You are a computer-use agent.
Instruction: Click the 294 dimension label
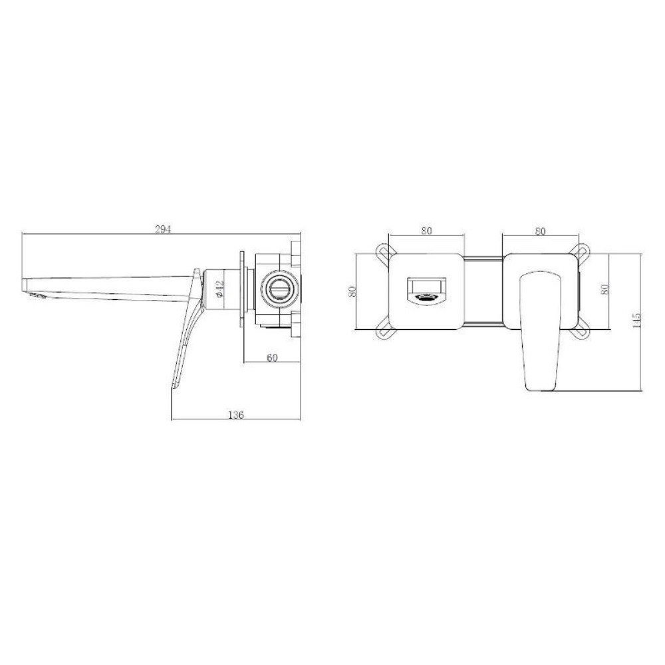[x=163, y=229]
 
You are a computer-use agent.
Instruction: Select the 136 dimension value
[x=236, y=414]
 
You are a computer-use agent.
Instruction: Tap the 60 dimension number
[x=272, y=358]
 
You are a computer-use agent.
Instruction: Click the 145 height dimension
[x=636, y=321]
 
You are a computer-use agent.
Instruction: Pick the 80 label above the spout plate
[x=426, y=230]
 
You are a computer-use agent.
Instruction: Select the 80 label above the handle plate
[x=540, y=231]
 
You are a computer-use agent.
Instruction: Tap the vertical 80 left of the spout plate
[x=352, y=291]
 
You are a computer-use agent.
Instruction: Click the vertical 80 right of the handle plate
[x=604, y=289]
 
